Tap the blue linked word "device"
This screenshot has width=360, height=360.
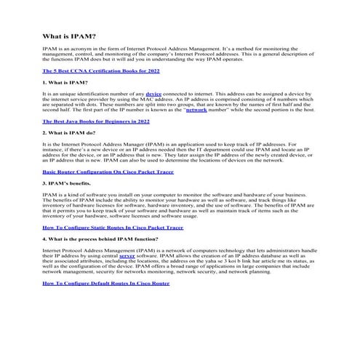pos(153,95)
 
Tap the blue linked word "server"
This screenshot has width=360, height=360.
pos(127,256)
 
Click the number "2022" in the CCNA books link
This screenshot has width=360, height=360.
pos(152,71)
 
